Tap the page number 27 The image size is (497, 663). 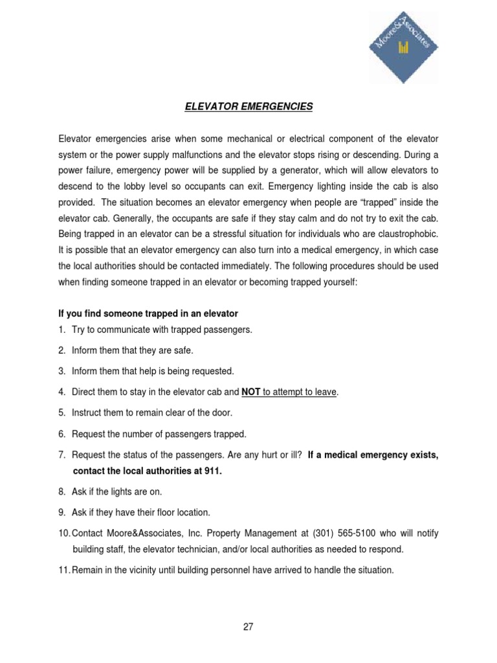pyautogui.click(x=248, y=627)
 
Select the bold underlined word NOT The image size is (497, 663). pyautogui.click(x=250, y=392)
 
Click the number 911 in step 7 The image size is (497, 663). pyautogui.click(x=212, y=471)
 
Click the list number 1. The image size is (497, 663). pyautogui.click(x=61, y=330)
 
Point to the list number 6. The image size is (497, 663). pyautogui.click(x=61, y=434)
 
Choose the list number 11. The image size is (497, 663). pyautogui.click(x=64, y=570)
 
